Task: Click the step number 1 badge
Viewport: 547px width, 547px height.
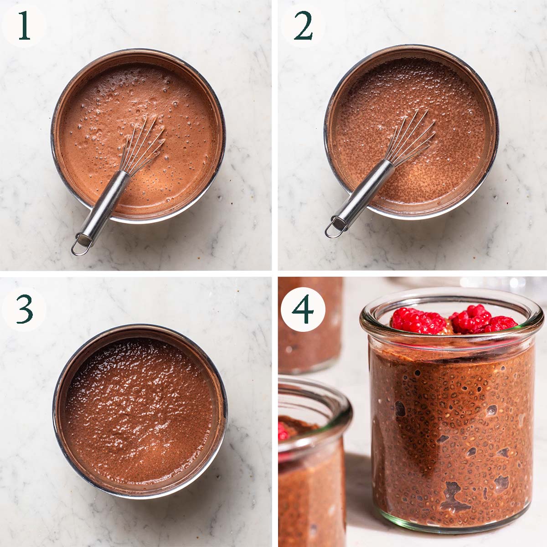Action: point(24,26)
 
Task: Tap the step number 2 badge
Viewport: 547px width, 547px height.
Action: point(303,26)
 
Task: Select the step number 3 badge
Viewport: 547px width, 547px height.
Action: point(24,310)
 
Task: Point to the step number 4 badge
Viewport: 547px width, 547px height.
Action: point(303,310)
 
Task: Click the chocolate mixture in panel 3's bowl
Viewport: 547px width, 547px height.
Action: point(139,410)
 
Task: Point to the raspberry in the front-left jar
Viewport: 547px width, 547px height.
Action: point(283,431)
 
